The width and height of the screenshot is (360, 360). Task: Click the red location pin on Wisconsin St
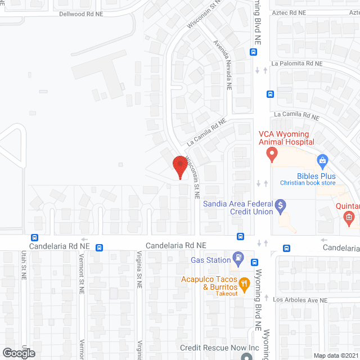[x=180, y=166]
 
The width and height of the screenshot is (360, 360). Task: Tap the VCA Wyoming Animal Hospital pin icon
[x=272, y=154]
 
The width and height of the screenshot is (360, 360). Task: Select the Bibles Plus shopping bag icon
[x=323, y=162]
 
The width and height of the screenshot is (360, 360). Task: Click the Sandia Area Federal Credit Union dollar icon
[x=281, y=206]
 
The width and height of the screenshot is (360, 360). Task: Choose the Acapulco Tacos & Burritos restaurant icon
[x=244, y=282]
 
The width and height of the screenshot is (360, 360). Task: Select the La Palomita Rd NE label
[x=299, y=64]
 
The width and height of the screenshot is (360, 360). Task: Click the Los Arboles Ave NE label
[x=300, y=300]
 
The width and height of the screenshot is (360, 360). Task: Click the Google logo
[x=18, y=353]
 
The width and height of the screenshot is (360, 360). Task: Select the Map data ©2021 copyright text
[x=335, y=355]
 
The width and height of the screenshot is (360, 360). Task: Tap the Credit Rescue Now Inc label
[x=219, y=348]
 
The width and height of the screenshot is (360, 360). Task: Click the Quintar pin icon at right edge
[x=349, y=217]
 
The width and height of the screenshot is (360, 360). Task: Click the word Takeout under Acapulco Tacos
[x=225, y=294]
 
